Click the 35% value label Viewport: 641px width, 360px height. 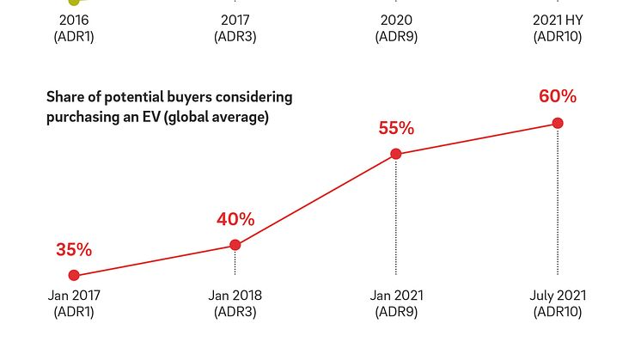74,250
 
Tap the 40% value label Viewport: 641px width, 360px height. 235,219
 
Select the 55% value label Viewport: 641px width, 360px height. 396,129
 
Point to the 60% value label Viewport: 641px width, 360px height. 558,96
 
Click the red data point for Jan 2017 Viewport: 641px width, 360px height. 74,276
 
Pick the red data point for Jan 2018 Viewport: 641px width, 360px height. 235,246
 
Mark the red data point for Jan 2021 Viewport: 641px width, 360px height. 396,155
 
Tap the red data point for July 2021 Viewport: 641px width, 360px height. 558,124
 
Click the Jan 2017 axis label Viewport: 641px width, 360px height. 74,296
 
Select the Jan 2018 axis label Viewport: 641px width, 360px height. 235,296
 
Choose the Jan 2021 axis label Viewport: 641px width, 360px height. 396,296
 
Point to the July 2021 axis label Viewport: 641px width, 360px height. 558,296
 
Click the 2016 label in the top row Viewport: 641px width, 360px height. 74,20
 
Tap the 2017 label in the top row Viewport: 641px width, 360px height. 235,20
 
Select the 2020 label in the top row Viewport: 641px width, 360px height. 396,20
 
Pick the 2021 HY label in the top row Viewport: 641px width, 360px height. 558,20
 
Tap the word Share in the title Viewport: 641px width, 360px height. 65,97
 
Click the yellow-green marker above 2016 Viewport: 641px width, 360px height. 74,3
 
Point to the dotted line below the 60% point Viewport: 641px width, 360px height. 558,206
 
